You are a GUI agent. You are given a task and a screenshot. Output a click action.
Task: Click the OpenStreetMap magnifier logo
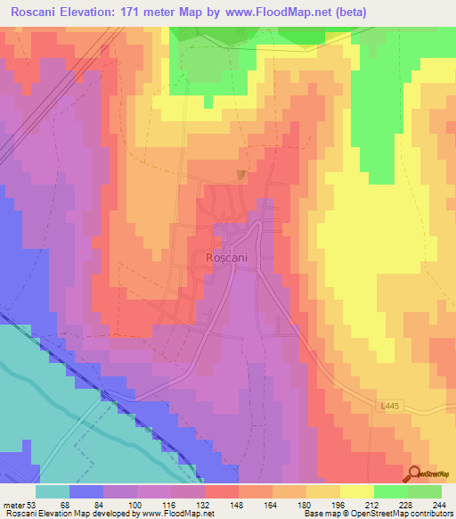[415, 474]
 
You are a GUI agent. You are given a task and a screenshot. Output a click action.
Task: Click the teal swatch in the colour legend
[53, 491]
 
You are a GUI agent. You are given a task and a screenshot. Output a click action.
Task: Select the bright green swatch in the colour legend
[390, 491]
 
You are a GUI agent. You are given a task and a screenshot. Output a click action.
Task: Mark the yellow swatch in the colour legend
[356, 491]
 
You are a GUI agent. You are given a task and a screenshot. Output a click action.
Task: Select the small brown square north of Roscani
[240, 174]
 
